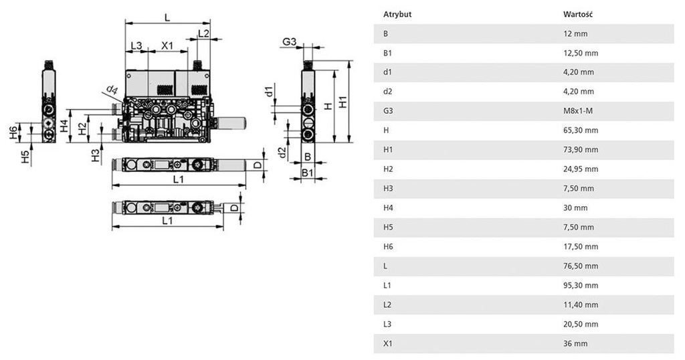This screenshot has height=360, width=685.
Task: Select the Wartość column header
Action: (579, 14)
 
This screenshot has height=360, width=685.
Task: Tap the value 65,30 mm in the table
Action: (581, 130)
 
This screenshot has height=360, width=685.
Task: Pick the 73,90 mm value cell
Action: (581, 150)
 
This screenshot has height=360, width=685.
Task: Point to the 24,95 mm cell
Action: (581, 169)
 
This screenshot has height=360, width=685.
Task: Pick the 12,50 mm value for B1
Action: (581, 53)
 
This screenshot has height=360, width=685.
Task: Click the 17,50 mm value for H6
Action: (581, 247)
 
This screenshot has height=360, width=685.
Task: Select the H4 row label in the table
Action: (388, 208)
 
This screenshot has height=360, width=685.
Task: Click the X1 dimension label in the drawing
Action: (167, 46)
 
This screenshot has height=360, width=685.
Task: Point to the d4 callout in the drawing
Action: (111, 90)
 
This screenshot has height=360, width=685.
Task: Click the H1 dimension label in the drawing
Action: (342, 103)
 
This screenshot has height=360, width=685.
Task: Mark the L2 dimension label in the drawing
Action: (203, 33)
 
